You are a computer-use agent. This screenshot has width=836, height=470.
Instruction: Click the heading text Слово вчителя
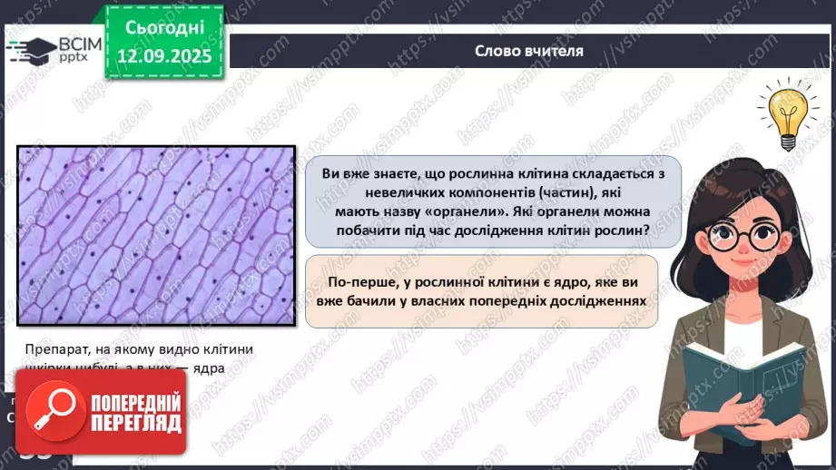click(x=528, y=51)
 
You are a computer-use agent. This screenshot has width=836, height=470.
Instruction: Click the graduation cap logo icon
click(x=29, y=49)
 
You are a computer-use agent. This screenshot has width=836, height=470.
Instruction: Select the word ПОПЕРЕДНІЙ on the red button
click(x=135, y=402)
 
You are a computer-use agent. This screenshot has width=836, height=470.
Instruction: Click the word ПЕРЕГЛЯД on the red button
click(x=135, y=424)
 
